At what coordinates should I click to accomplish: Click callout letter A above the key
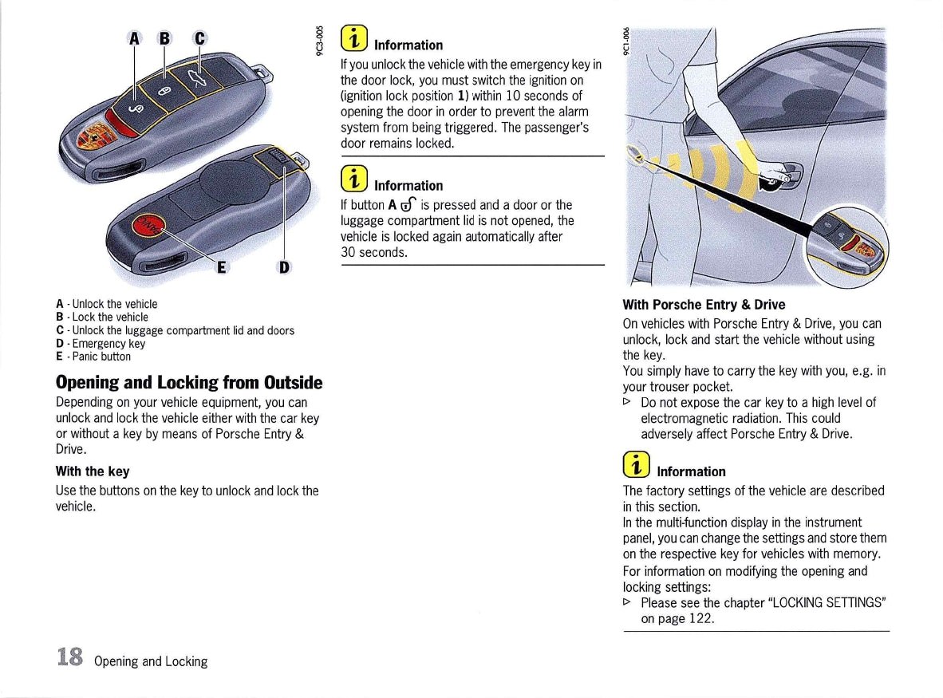135,37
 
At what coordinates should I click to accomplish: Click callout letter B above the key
164,37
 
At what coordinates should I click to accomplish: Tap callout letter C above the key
199,37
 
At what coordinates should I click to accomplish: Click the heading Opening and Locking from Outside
189,382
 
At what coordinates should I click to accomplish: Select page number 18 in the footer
70,657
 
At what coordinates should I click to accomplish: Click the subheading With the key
93,471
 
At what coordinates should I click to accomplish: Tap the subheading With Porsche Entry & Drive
704,305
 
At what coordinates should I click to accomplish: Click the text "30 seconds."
374,253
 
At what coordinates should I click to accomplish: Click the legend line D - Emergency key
101,344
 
